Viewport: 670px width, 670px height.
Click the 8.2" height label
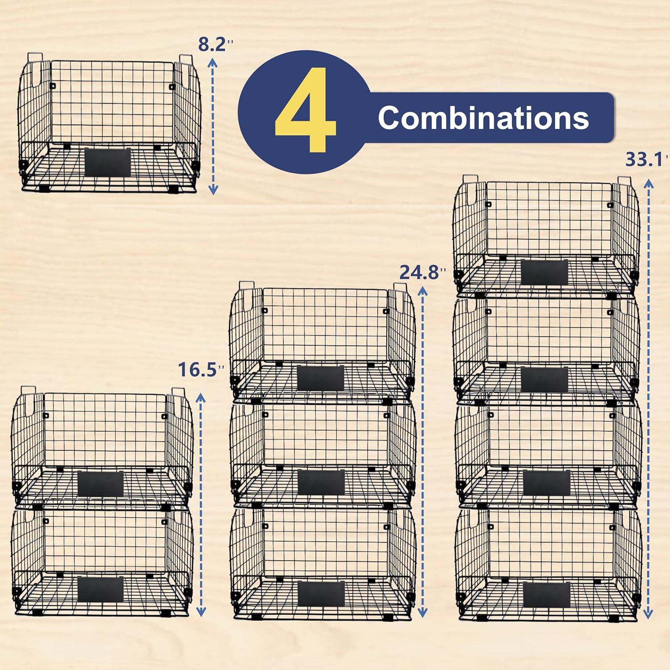(x=214, y=45)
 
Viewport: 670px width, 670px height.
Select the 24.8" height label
(x=419, y=272)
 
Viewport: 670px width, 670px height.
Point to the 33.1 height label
(x=643, y=159)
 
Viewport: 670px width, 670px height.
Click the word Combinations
(x=483, y=118)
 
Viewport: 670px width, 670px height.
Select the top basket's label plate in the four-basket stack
(x=544, y=272)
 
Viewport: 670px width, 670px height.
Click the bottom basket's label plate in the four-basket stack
(x=546, y=594)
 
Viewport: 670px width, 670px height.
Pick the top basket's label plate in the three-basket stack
(x=320, y=378)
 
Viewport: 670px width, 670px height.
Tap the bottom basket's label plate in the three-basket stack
(x=321, y=594)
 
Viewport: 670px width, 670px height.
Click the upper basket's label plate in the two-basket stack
(x=100, y=483)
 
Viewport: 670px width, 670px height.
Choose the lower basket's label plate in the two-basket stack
(x=100, y=589)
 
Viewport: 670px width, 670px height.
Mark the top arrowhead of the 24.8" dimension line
(x=422, y=291)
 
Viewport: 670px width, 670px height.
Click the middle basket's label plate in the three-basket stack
(x=321, y=482)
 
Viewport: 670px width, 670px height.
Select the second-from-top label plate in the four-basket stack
(x=544, y=379)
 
